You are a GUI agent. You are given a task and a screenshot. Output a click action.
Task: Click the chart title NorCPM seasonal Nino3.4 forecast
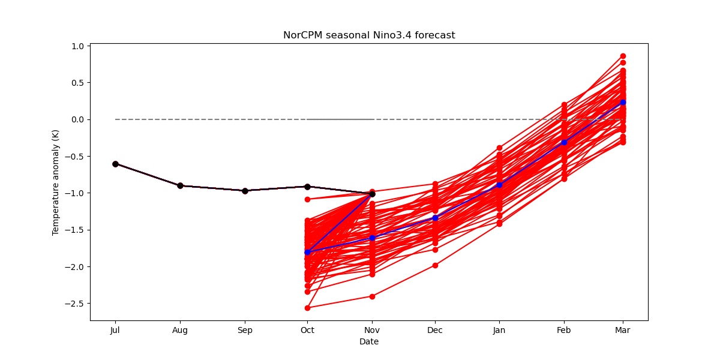click(369, 35)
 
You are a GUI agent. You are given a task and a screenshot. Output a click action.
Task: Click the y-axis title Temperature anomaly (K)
click(56, 182)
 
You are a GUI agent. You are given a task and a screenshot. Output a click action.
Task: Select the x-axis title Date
click(369, 341)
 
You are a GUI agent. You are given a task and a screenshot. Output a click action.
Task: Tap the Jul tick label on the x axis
click(115, 330)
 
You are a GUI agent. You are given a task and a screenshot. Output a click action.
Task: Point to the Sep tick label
click(245, 330)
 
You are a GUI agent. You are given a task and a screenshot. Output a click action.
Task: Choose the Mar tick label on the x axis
click(623, 330)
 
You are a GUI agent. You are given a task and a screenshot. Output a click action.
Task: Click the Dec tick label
click(435, 330)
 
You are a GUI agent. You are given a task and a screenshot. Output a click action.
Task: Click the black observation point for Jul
click(115, 164)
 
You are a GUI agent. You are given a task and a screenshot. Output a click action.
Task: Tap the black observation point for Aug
click(180, 185)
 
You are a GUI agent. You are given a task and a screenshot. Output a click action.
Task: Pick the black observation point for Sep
click(245, 191)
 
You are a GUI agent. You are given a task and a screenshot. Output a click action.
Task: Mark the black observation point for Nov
click(372, 194)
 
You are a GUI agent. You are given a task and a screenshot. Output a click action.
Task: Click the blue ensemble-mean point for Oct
click(308, 252)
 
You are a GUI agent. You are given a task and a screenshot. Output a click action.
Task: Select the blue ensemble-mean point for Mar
click(623, 102)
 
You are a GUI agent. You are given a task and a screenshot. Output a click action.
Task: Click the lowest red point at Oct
click(308, 308)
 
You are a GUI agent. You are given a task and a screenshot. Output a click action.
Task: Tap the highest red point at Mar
click(623, 56)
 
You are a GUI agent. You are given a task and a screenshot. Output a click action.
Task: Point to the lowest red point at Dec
click(435, 265)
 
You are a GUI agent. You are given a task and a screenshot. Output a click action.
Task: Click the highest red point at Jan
click(499, 148)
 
